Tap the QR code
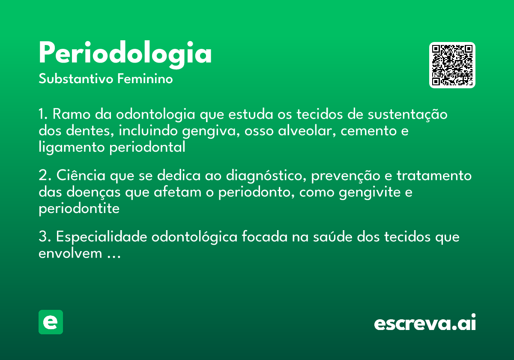(x=452, y=65)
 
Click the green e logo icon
(x=51, y=322)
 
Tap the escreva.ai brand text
(x=425, y=323)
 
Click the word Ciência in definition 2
(x=80, y=176)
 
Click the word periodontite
(x=79, y=209)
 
